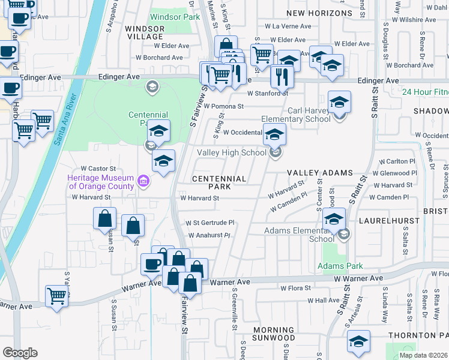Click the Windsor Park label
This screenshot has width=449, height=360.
pyautogui.click(x=175, y=17)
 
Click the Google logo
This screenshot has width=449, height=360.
pyautogui.click(x=20, y=353)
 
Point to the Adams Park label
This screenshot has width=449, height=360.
pyautogui.click(x=340, y=266)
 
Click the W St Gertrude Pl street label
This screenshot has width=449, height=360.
pyautogui.click(x=209, y=223)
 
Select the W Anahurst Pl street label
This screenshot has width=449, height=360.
pyautogui.click(x=209, y=236)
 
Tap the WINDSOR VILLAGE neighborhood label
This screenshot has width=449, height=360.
pyautogui.click(x=144, y=32)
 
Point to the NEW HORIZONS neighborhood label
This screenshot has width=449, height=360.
pyautogui.click(x=319, y=13)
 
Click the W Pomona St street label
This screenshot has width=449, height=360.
pyautogui.click(x=223, y=106)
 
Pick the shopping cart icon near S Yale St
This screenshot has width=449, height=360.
pyautogui.click(x=56, y=295)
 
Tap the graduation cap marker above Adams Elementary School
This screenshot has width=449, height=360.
pyautogui.click(x=334, y=219)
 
